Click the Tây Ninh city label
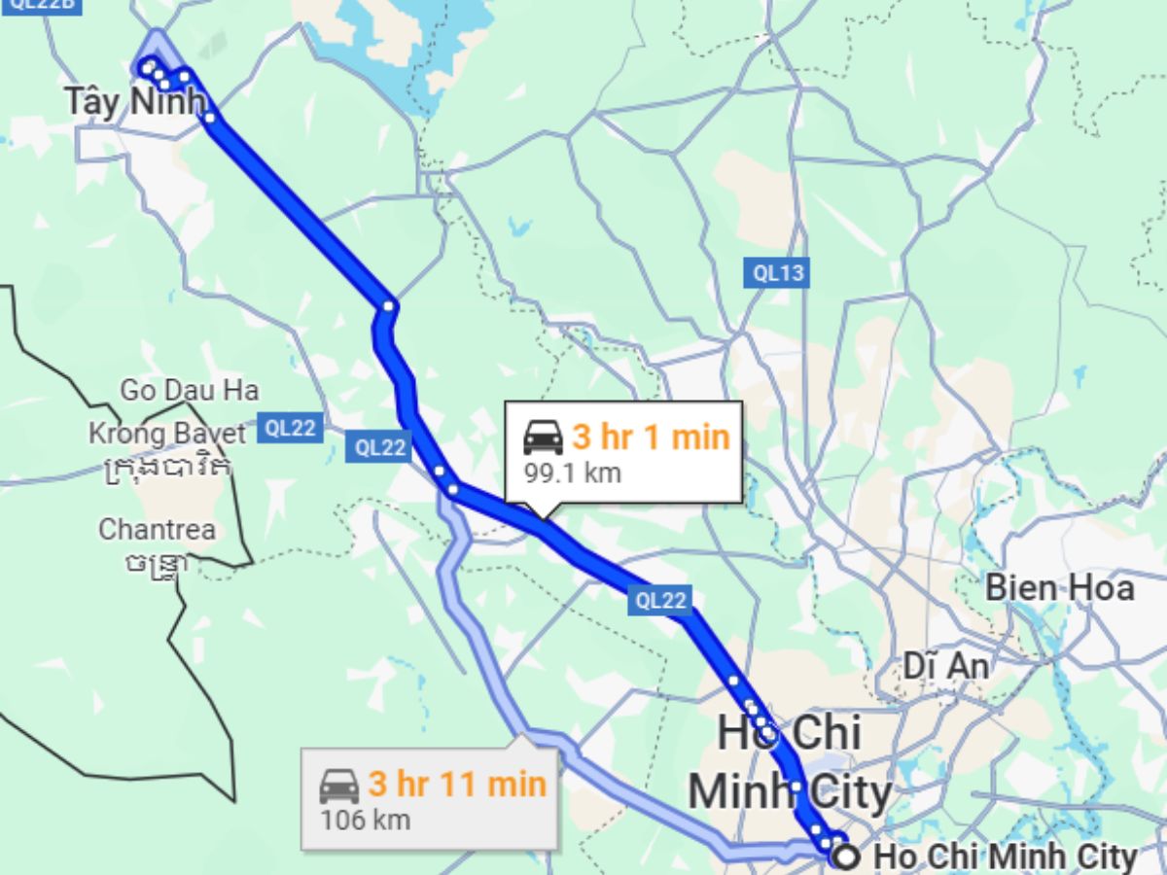135,100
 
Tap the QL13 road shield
779,273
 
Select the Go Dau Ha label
190,391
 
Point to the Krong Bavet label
167,433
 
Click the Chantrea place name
157,530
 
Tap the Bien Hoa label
1059,587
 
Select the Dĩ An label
945,666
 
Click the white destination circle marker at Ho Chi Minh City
847,857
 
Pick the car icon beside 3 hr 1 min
543,437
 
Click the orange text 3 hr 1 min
651,437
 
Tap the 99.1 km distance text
572,473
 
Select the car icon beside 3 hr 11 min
339,785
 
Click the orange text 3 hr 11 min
456,784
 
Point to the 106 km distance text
366,820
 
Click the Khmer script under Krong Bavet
167,468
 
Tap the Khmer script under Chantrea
157,563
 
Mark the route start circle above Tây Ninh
147,67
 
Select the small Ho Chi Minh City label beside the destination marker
1005,857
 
